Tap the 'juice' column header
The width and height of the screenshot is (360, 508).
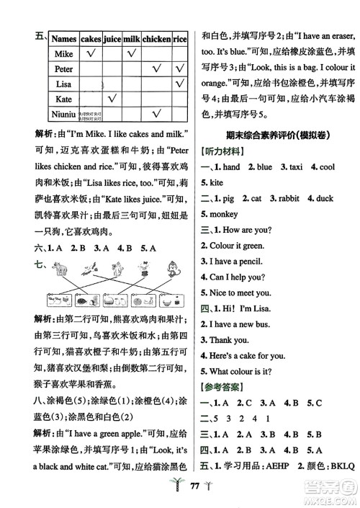[x=112, y=38]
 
